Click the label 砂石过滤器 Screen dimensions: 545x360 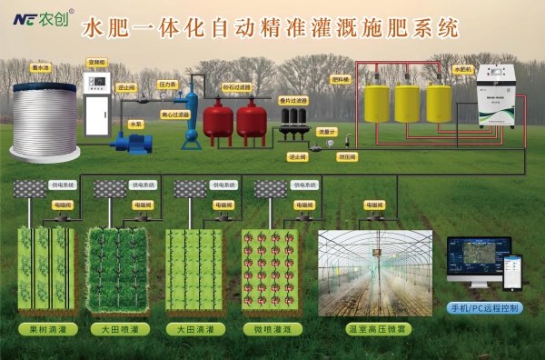tap(236, 87)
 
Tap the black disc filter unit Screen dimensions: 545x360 tap(292, 127)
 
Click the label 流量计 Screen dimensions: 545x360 tap(326, 132)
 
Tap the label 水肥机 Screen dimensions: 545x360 tap(461, 68)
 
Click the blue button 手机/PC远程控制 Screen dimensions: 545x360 tap(486, 308)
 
